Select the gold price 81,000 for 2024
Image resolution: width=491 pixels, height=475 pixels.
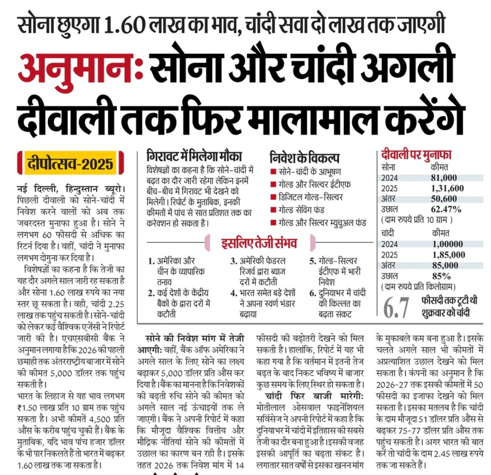point(444,177)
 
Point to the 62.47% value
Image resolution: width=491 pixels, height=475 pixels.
point(446,209)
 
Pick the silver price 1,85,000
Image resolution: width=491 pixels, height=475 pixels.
point(448,255)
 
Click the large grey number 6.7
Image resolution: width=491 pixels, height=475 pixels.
point(395,308)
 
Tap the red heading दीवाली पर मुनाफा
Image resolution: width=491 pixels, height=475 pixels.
point(416,155)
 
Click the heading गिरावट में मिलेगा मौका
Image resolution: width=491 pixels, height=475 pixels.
point(194,156)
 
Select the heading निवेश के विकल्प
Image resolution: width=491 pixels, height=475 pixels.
point(304,157)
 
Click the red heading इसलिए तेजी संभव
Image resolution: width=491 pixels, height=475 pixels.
point(259,243)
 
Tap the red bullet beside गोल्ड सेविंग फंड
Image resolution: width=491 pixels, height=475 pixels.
point(273,210)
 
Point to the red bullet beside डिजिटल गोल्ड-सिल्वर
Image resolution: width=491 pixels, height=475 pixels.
point(273,198)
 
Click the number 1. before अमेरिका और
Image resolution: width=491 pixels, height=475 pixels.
point(151,261)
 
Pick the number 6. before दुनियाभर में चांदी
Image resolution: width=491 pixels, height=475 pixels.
point(313,293)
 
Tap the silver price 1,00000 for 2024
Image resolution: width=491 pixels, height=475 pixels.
point(447,244)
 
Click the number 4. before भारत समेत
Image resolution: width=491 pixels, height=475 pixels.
point(233,293)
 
